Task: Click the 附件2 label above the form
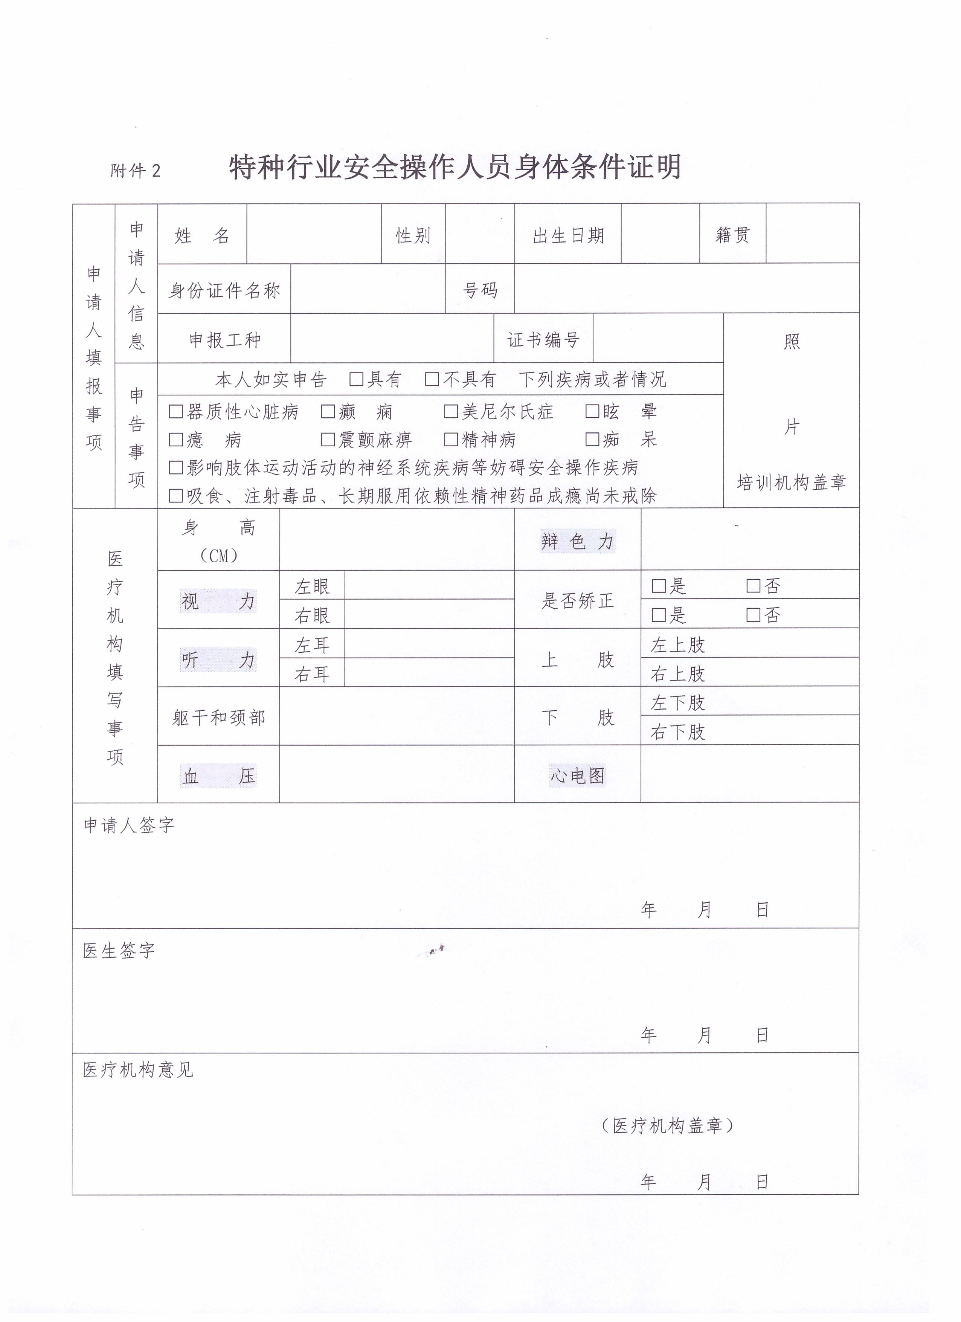point(135,171)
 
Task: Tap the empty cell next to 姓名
point(314,234)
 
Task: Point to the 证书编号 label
point(543,340)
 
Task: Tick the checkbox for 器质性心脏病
point(175,412)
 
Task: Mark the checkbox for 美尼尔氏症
point(450,412)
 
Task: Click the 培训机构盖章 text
point(791,482)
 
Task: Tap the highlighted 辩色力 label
point(577,542)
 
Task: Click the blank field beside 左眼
point(429,586)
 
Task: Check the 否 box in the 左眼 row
point(754,586)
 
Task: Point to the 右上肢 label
point(678,674)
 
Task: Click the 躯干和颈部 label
point(218,717)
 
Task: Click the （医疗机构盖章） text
point(667,1125)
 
